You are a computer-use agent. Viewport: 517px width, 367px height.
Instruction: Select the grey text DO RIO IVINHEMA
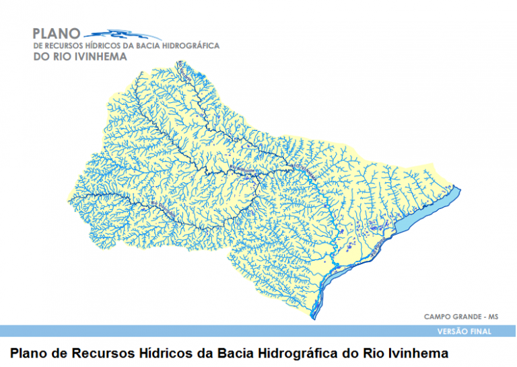point(79,57)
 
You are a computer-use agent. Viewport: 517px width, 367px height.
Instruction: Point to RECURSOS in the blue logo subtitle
point(69,46)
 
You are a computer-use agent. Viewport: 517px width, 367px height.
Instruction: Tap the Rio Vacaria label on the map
point(186,78)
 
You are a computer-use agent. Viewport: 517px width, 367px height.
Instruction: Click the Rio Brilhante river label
point(246,168)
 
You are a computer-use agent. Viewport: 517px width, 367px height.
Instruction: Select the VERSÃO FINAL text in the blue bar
point(464,331)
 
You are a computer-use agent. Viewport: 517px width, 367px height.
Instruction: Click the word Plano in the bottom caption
point(30,352)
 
